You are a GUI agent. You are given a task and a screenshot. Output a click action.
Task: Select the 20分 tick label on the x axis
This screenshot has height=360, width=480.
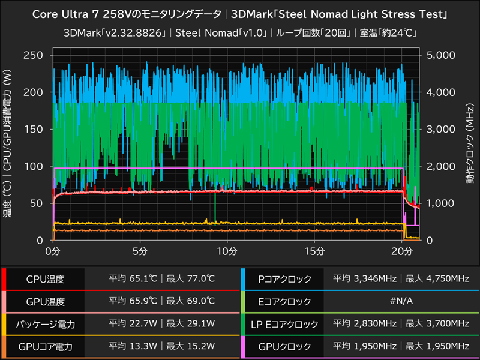tap(401, 250)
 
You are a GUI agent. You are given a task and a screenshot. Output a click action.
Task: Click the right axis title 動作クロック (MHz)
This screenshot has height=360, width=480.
tap(470, 148)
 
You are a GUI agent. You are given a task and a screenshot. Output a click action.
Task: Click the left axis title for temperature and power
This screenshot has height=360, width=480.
tap(8, 148)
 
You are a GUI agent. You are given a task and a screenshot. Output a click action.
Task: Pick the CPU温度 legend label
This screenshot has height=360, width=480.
tap(45, 279)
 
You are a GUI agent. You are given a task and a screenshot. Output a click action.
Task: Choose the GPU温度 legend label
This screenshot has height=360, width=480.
tap(45, 302)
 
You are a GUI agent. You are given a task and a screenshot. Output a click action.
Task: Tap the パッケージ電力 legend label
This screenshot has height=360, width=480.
tap(45, 325)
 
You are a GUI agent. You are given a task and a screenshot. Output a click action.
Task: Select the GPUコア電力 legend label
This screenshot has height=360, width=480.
tap(45, 346)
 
